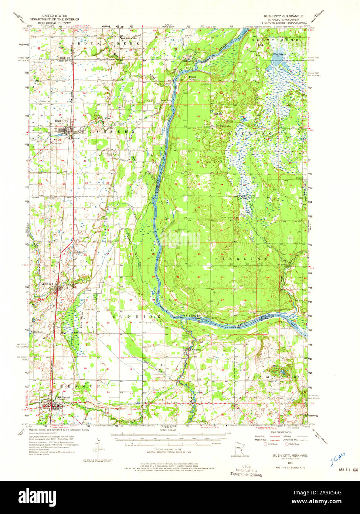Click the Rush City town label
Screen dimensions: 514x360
[61, 121]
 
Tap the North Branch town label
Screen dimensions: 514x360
[62, 398]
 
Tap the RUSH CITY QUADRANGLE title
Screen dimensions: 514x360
[283, 16]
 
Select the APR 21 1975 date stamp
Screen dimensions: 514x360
[348, 469]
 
